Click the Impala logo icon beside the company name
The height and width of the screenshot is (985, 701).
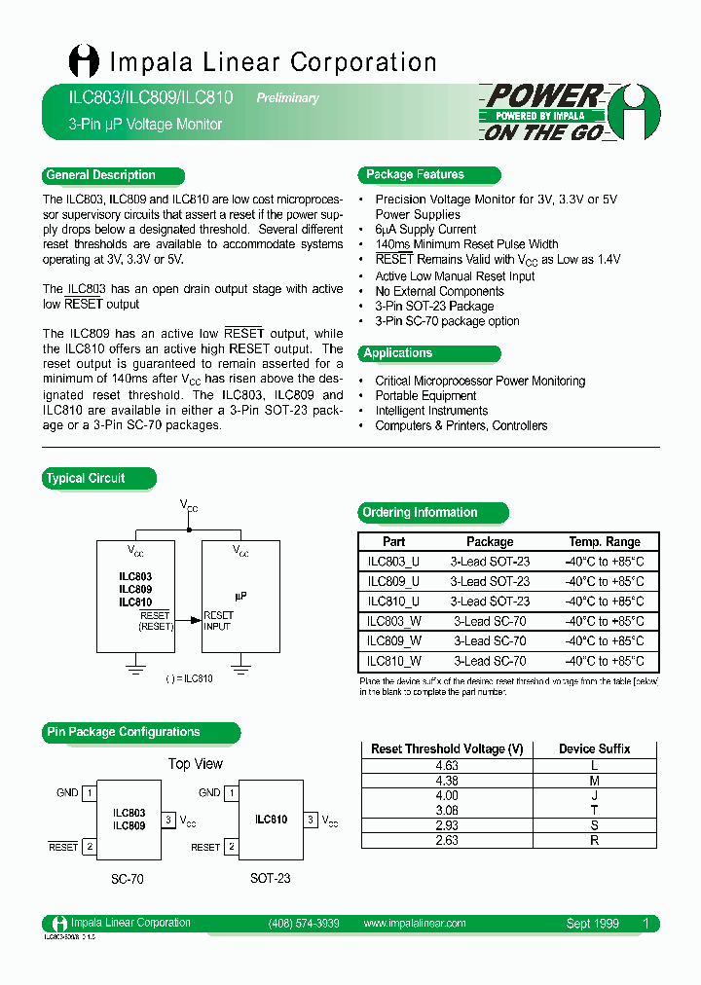point(84,61)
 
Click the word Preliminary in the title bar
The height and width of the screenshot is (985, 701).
point(287,98)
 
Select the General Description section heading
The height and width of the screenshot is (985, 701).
point(100,175)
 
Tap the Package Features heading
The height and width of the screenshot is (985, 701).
point(416,175)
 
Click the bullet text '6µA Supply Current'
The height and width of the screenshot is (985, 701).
point(425,230)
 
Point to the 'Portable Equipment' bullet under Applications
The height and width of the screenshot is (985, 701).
point(425,396)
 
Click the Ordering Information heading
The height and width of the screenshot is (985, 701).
point(421,513)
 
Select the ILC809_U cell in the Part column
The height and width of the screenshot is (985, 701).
point(394,581)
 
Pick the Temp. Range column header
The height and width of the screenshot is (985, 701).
point(605,542)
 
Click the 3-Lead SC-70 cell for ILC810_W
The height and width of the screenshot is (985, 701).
point(490,661)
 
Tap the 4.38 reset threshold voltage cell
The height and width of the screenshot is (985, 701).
point(447,781)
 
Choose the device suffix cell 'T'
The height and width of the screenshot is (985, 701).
point(595,810)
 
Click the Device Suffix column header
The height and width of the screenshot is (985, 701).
point(595,749)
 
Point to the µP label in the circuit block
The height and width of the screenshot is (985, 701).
point(240,595)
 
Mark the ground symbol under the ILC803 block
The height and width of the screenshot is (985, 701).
point(135,669)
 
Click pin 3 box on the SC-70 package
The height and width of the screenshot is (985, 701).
point(167,821)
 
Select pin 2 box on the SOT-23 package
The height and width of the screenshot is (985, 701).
point(231,847)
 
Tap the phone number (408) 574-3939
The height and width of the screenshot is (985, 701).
point(304,924)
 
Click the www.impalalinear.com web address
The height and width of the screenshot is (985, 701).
point(414,924)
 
